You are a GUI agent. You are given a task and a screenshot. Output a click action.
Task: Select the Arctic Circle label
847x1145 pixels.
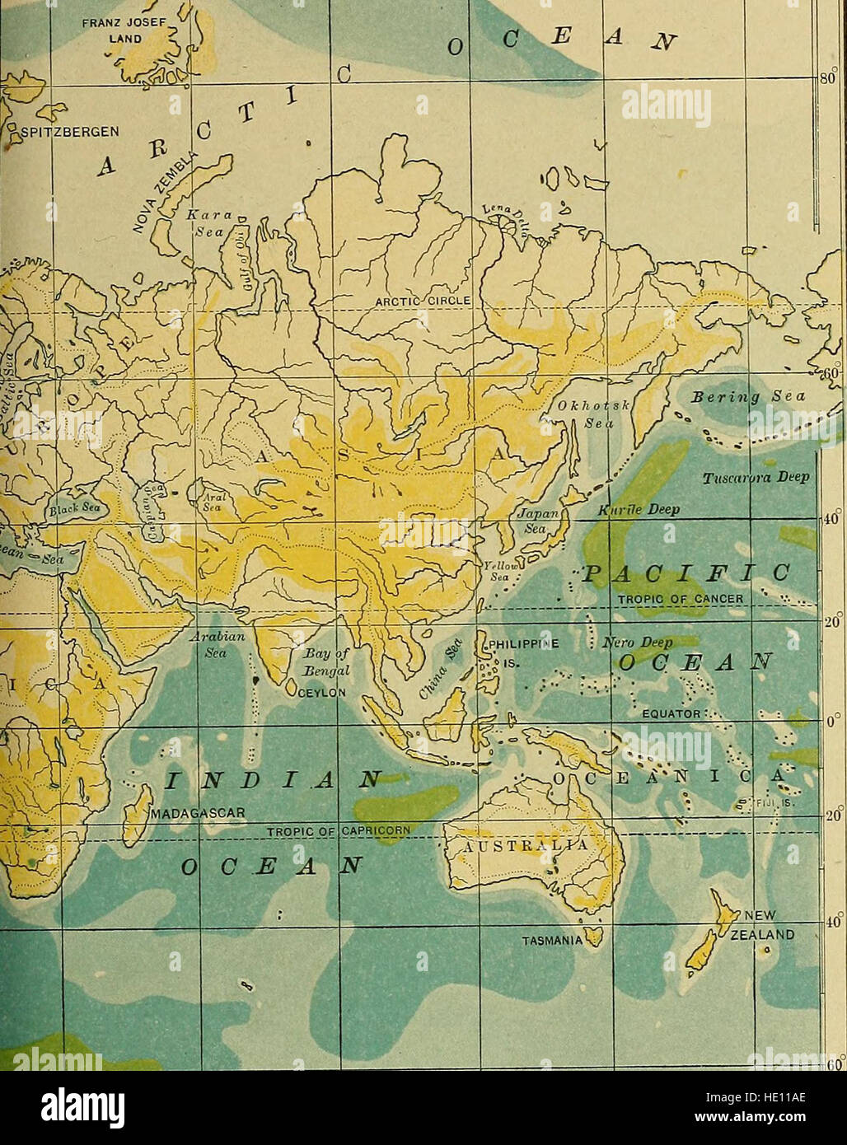(x=421, y=301)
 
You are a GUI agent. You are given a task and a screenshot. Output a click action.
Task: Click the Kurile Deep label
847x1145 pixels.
(x=639, y=509)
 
